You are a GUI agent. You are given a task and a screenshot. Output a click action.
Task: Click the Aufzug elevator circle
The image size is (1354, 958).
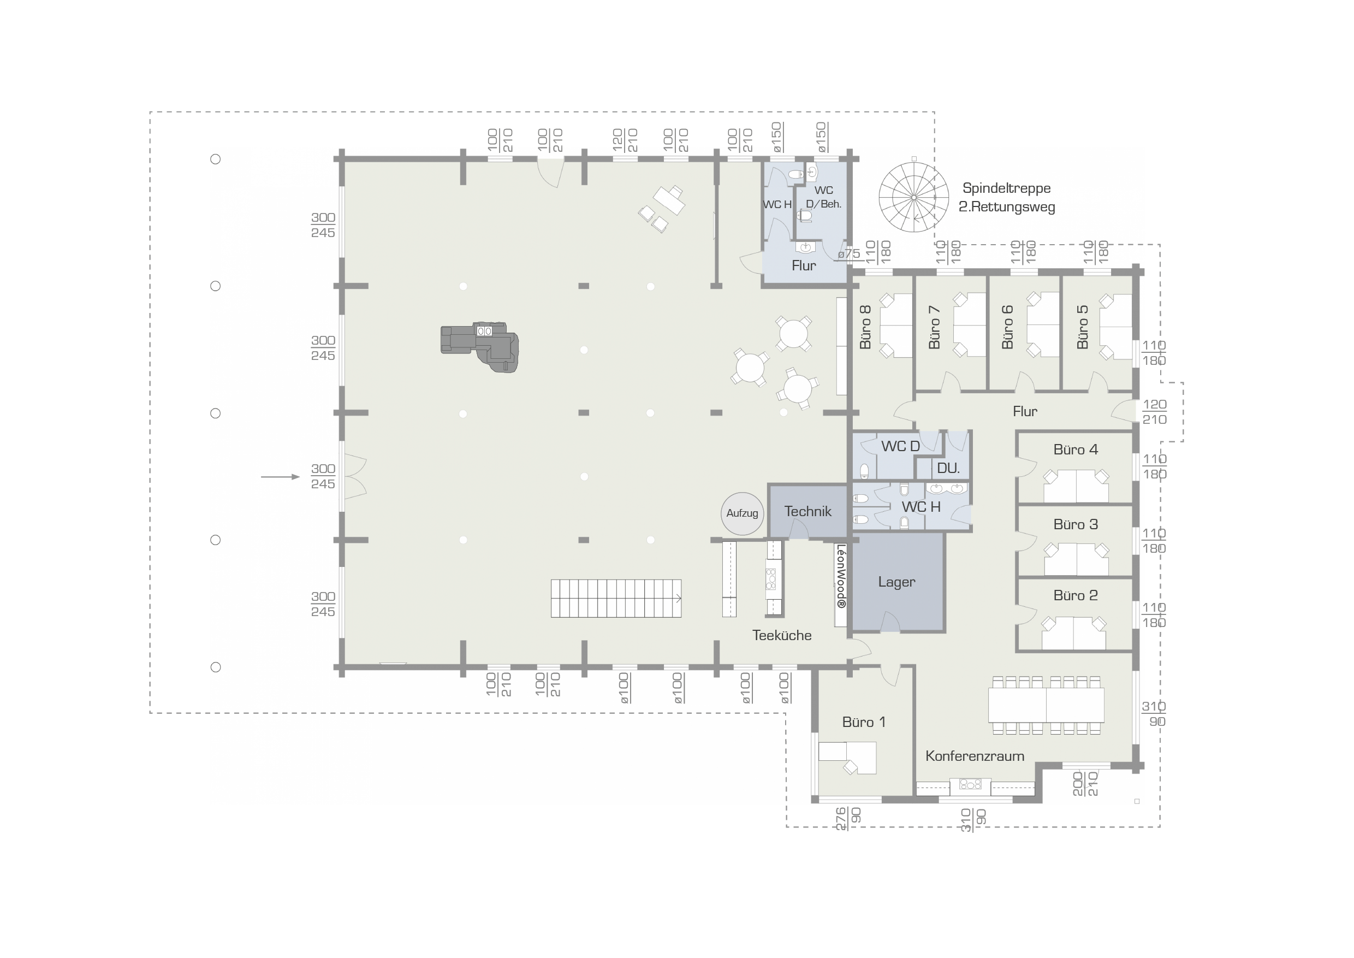(x=742, y=514)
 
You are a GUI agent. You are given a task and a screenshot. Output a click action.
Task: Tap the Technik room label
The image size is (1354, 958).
(x=807, y=511)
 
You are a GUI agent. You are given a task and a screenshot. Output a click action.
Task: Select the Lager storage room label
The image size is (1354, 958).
(x=896, y=582)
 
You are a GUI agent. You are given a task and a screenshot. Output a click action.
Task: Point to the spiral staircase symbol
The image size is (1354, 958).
(x=913, y=197)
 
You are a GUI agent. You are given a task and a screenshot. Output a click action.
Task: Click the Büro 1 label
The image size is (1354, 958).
(x=863, y=722)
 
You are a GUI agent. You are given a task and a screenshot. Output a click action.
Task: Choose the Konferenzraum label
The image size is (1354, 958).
(x=974, y=756)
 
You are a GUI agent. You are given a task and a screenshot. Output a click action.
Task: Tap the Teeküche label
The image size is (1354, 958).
(x=781, y=635)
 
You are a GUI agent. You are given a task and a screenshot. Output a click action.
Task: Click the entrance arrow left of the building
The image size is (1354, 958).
(x=280, y=477)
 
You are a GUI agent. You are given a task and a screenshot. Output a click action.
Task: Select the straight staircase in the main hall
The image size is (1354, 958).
(x=616, y=598)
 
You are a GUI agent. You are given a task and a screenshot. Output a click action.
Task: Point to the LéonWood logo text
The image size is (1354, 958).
(x=841, y=576)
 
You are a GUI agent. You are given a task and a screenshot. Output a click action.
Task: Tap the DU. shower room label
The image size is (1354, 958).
(x=948, y=469)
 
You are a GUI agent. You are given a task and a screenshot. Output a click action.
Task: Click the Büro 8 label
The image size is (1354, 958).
(x=865, y=327)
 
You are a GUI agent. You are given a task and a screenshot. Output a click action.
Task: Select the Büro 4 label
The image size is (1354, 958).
(x=1075, y=450)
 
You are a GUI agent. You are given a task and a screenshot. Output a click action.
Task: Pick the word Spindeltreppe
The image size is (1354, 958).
(x=1006, y=188)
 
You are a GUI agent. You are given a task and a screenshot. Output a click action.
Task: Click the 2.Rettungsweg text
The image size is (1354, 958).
(x=1007, y=207)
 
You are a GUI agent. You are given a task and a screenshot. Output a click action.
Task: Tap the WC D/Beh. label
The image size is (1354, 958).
(x=823, y=197)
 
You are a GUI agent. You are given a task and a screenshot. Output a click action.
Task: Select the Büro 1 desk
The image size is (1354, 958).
(x=848, y=758)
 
